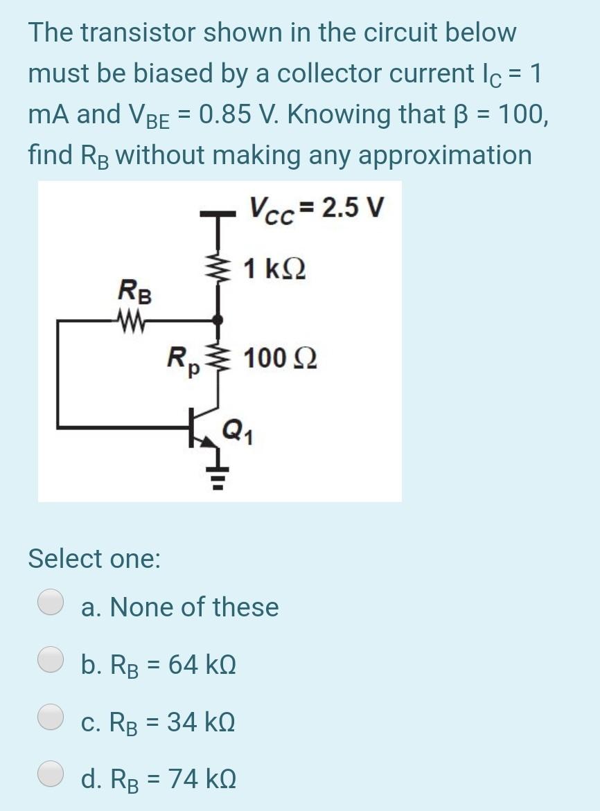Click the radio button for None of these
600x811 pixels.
tap(51, 602)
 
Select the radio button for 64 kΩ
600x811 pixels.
tap(51, 660)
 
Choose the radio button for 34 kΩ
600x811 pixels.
tap(51, 718)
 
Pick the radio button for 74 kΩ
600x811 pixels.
tap(51, 775)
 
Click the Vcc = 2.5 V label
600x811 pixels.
tap(315, 206)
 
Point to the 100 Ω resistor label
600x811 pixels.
tap(281, 357)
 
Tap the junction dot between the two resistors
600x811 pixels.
tap(219, 319)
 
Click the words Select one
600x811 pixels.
tap(94, 558)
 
